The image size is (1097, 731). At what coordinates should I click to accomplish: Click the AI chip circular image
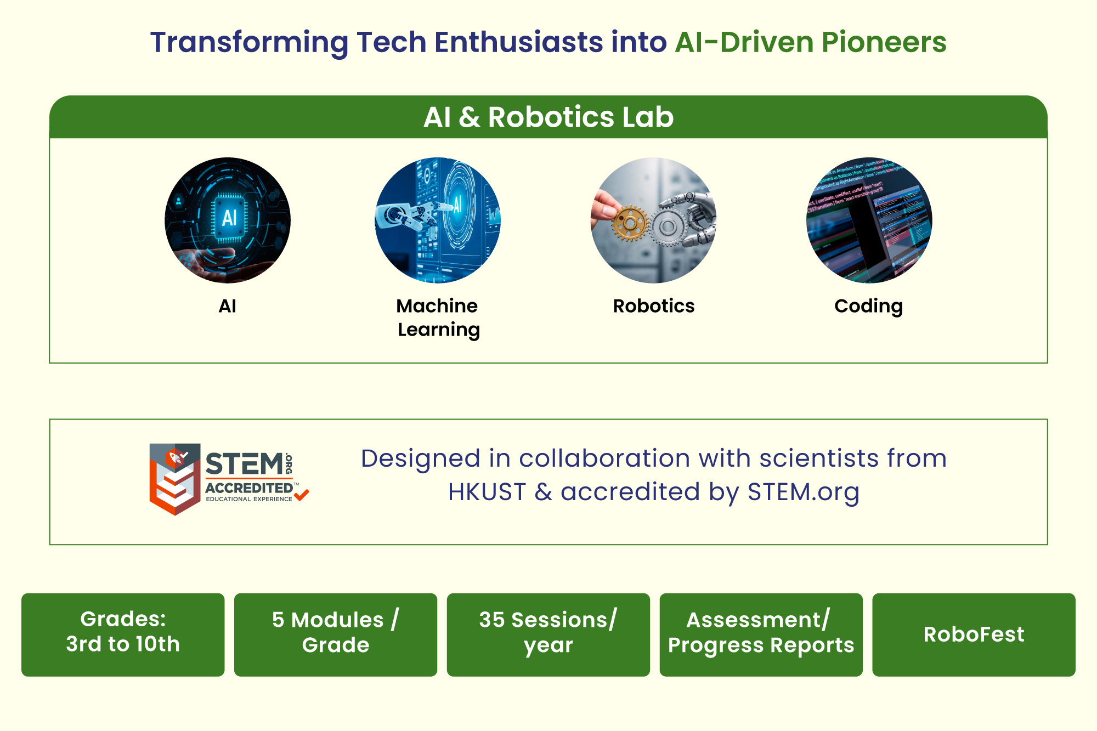228,220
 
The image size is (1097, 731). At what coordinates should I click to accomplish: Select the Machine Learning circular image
438,220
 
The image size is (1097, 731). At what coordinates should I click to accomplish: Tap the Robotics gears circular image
654,220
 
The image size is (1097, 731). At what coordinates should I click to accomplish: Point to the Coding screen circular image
869,220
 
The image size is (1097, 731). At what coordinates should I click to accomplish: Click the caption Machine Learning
438,318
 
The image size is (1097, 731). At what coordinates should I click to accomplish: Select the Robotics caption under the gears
654,306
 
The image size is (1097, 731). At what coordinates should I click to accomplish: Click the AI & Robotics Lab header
548,117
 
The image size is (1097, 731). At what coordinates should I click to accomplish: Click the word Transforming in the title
250,43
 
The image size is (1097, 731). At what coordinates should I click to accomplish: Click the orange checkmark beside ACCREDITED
302,495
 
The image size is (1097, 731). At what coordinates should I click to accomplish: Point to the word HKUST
487,492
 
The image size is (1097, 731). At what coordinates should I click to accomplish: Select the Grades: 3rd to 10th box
123,634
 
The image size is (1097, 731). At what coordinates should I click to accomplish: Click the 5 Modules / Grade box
336,634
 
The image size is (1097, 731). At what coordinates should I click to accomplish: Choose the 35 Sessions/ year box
548,634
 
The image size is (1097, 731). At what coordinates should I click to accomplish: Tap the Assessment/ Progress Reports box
761,634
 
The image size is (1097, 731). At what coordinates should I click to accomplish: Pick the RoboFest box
974,634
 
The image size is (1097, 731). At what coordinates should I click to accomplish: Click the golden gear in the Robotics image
630,224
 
